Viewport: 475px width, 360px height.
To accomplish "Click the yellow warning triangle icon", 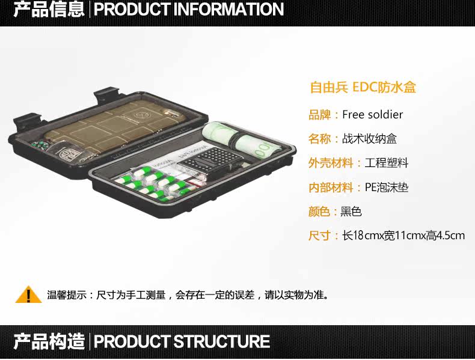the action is coord(28,295).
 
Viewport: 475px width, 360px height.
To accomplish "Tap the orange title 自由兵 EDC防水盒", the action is coord(363,87).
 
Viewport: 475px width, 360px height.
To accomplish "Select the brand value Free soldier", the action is coord(373,114).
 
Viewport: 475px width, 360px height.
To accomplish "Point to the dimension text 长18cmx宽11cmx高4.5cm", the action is coord(403,236).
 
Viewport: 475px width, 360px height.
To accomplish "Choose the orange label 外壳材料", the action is coord(331,163).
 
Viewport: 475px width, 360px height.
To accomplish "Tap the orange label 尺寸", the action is coord(319,236).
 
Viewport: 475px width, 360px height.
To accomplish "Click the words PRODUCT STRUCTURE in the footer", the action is coord(182,342).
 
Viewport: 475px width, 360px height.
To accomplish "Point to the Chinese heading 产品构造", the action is coord(49,342).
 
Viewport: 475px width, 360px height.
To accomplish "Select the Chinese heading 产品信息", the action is coord(49,10).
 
